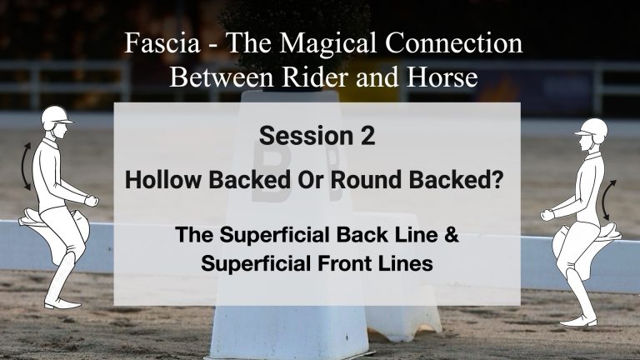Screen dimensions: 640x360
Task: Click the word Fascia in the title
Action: tap(162, 42)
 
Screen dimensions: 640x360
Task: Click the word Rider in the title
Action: tap(316, 77)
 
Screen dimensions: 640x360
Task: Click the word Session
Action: tap(306, 136)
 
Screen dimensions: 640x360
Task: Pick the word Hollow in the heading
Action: tap(162, 180)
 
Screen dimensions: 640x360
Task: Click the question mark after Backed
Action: tap(498, 180)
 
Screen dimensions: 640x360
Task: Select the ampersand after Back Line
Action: tap(452, 235)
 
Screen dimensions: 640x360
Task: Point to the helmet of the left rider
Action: tap(56, 117)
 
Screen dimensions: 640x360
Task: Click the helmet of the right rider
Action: tap(592, 130)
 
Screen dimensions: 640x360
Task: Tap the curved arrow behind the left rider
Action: tap(23, 166)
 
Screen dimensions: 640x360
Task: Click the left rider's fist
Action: tap(92, 200)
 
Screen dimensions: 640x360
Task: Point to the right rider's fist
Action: tap(547, 215)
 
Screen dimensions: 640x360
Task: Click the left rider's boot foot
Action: tap(62, 303)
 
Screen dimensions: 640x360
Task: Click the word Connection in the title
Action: tap(454, 42)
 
